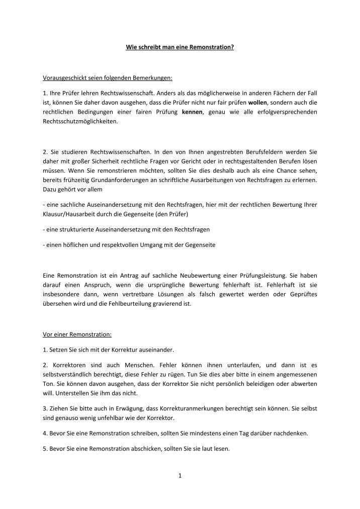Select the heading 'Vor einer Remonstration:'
(x=77, y=334)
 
